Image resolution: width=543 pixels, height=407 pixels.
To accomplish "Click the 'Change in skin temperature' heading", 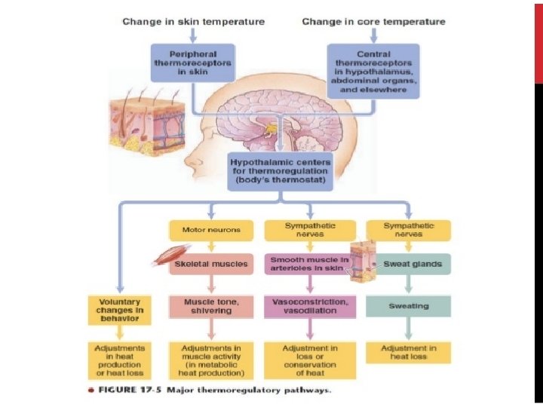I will [x=193, y=22].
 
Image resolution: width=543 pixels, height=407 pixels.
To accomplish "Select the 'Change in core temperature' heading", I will [x=373, y=22].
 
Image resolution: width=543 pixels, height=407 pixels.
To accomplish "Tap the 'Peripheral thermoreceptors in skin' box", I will [x=193, y=62].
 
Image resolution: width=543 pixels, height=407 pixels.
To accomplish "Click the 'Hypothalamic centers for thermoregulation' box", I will [x=279, y=170].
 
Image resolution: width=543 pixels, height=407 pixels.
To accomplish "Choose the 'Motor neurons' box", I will [x=211, y=230].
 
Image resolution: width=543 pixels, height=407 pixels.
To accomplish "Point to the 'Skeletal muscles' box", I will [x=211, y=265].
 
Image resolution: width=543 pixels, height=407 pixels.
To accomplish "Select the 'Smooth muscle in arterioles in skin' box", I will [x=309, y=264].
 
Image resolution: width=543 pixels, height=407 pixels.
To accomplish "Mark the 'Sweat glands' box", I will [x=407, y=265].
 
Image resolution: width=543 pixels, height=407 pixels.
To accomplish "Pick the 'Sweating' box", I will [x=408, y=306].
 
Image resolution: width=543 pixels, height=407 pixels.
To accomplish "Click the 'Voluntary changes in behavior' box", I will [x=119, y=309].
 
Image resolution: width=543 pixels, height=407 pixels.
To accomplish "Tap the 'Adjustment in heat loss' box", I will [x=408, y=353].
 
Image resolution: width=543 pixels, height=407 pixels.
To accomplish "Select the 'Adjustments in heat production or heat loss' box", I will [x=119, y=360].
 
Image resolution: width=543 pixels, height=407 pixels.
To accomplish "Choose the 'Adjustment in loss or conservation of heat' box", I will [x=310, y=360].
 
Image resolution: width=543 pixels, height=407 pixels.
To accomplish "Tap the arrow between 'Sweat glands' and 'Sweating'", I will [x=408, y=285].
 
